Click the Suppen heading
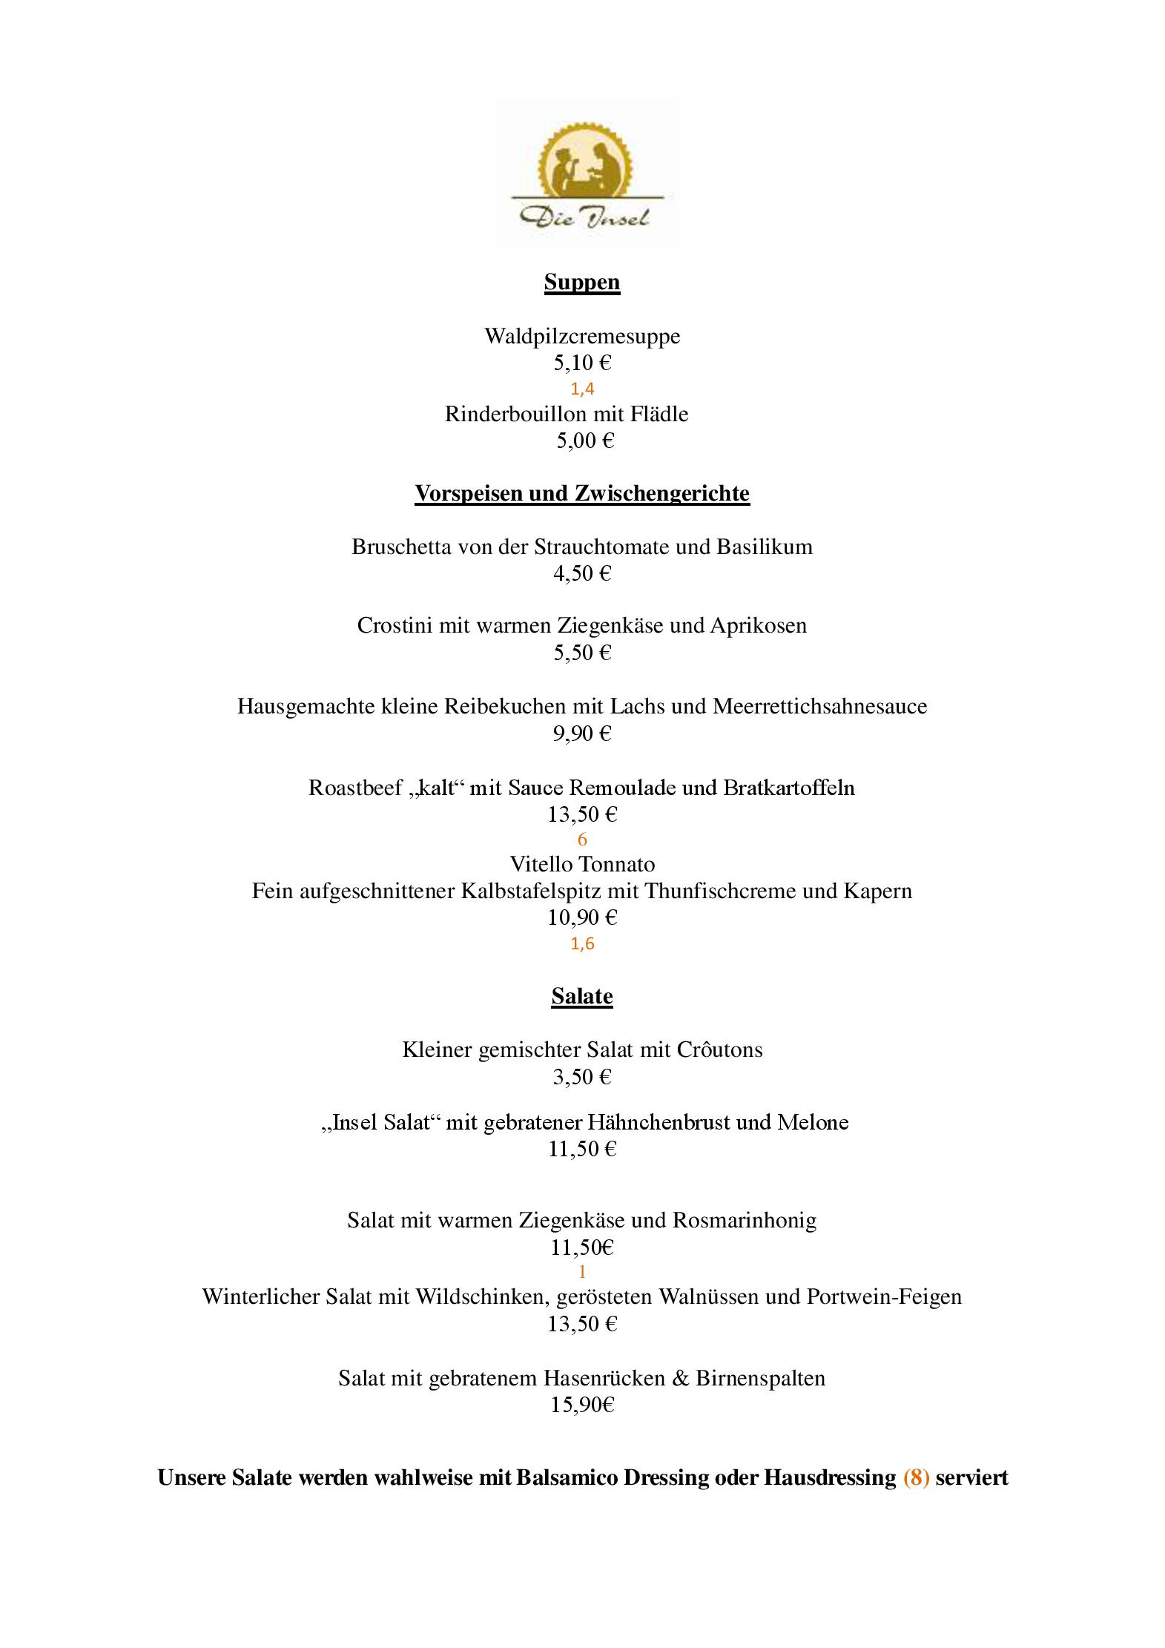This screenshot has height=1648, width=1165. pyautogui.click(x=582, y=283)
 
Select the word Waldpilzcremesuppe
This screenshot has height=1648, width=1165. pyautogui.click(x=582, y=336)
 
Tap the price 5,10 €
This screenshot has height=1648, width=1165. pyautogui.click(x=582, y=363)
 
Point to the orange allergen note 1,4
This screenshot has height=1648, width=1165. pyautogui.click(x=582, y=389)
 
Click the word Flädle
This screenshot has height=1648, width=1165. pyautogui.click(x=659, y=414)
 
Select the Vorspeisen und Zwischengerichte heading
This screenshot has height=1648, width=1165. pyautogui.click(x=582, y=493)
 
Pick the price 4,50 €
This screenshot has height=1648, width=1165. pyautogui.click(x=582, y=573)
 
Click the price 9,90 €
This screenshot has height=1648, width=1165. pyautogui.click(x=582, y=734)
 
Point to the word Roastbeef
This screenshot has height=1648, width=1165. pyautogui.click(x=355, y=788)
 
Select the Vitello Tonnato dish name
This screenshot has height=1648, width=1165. pyautogui.click(x=582, y=864)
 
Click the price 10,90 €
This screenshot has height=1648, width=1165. pyautogui.click(x=582, y=918)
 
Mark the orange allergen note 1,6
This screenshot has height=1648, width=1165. pyautogui.click(x=582, y=944)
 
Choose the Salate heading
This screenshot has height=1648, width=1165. pyautogui.click(x=582, y=996)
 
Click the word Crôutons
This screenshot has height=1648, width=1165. pyautogui.click(x=719, y=1050)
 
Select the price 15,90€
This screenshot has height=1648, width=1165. pyautogui.click(x=582, y=1405)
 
